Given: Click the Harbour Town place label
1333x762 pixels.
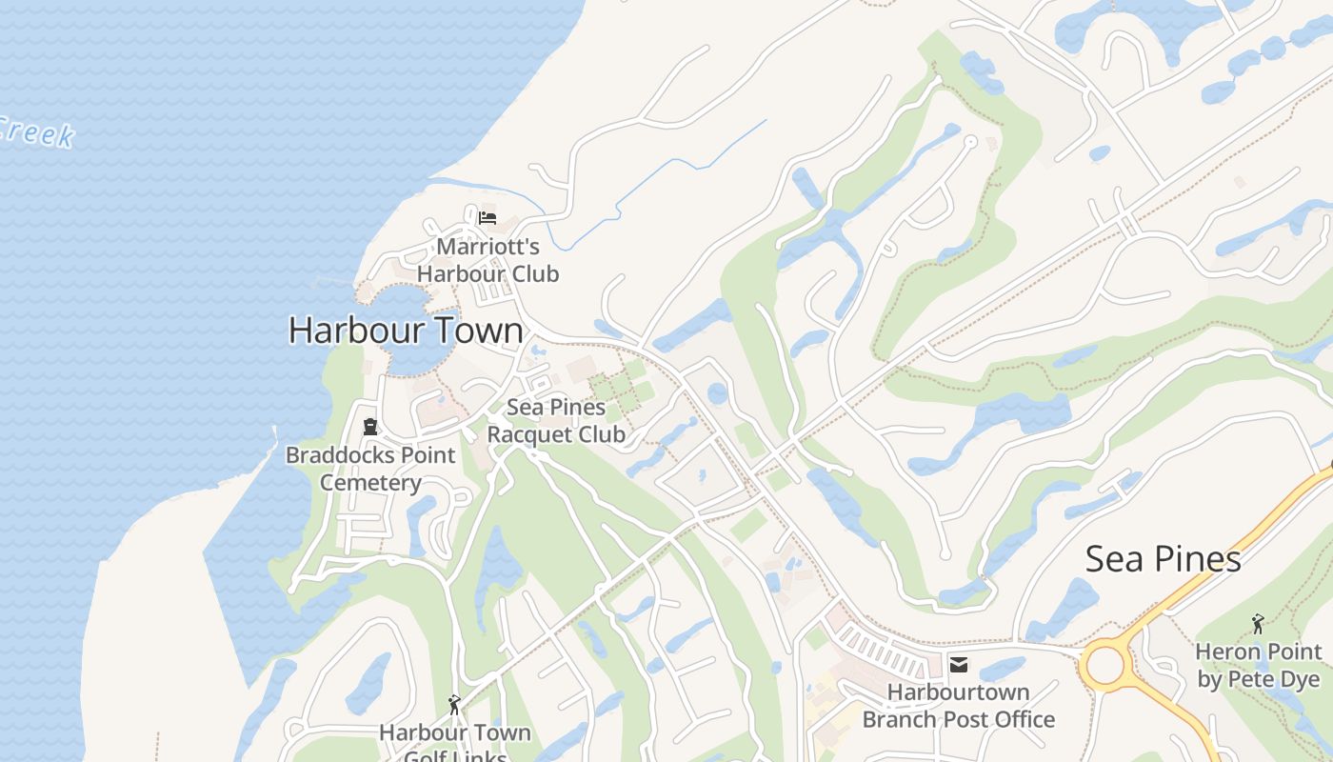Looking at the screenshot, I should point(406,331).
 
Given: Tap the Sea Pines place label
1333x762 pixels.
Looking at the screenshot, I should point(1163,559).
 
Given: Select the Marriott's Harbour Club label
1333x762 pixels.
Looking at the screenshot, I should point(487,260).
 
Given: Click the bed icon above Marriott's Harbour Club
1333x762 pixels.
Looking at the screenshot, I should point(487,217).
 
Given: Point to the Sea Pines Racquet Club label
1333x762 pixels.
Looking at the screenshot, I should point(556,421).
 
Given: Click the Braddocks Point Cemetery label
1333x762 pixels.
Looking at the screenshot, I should point(370,469).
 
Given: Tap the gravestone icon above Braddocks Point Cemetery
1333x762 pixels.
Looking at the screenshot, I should point(370,427).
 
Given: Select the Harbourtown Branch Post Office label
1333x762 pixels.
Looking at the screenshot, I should point(958,705).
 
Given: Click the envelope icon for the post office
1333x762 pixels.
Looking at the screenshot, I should point(958,665).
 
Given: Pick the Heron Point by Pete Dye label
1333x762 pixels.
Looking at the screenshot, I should point(1259,665).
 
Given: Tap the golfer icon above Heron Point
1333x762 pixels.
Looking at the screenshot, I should point(1259,624).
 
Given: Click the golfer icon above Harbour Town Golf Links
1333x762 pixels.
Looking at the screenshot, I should point(454,705).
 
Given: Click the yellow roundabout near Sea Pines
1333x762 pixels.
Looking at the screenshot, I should point(1104,665).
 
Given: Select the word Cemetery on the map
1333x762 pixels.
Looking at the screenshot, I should point(370,482).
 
